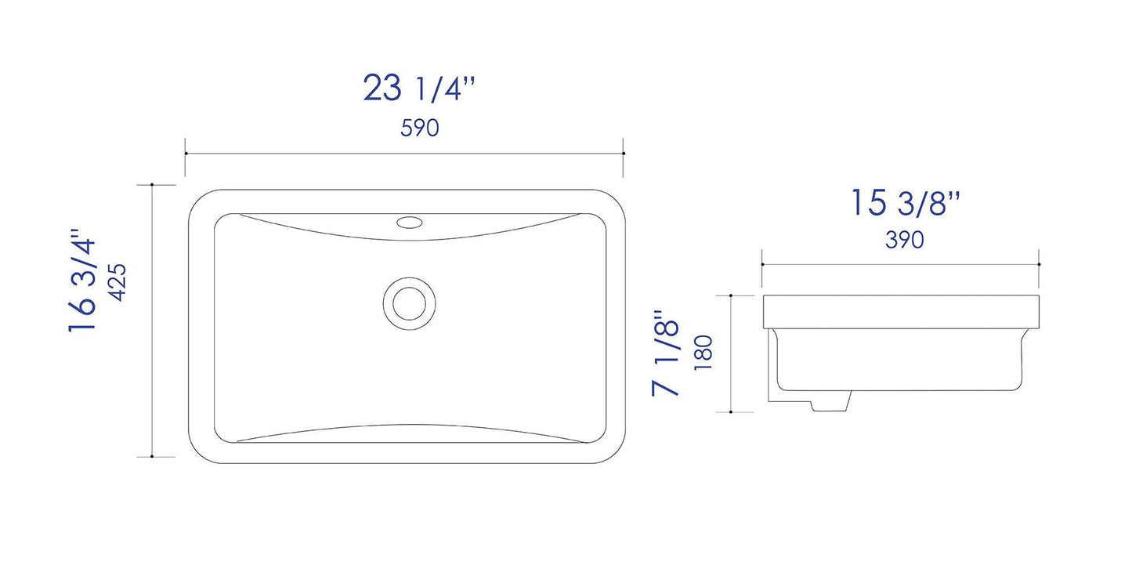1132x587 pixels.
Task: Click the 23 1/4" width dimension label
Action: click(419, 88)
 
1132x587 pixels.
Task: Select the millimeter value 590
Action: click(419, 129)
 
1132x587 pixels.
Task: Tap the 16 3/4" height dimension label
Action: click(83, 281)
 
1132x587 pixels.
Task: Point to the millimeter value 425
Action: click(118, 281)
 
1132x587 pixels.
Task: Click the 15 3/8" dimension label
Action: click(905, 204)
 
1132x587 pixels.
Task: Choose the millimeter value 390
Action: click(904, 240)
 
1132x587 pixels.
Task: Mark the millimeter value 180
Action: click(702, 352)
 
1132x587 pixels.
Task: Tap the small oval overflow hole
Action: click(408, 222)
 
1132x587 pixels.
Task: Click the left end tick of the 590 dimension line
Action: click(186, 153)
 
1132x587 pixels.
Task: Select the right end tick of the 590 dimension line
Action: click(623, 153)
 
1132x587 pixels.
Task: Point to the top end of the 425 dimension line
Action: click(151, 185)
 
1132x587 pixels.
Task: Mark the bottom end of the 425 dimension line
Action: click(151, 456)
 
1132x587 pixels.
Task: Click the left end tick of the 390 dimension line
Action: click(763, 264)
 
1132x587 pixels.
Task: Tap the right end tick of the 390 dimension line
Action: click(1039, 264)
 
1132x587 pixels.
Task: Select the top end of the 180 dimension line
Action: click(731, 295)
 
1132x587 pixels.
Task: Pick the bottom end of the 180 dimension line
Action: click(731, 411)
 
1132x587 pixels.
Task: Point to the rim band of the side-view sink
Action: click(901, 312)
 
